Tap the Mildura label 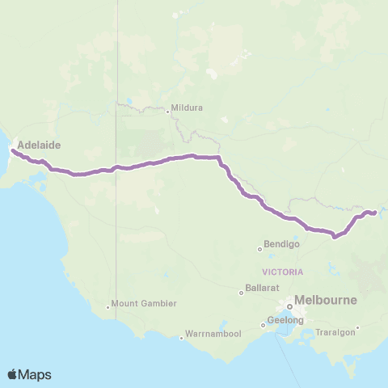click(187, 108)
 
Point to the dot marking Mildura click(167, 112)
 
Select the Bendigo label click(283, 243)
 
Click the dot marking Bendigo click(260, 248)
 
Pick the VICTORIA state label click(283, 272)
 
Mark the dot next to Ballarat click(242, 293)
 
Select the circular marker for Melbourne click(289, 306)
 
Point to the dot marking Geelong click(263, 326)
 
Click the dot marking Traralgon click(357, 327)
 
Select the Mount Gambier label click(144, 304)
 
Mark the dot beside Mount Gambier click(108, 306)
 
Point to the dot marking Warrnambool click(181, 338)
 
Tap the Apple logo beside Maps click(13, 374)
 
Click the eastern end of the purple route click(374, 213)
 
